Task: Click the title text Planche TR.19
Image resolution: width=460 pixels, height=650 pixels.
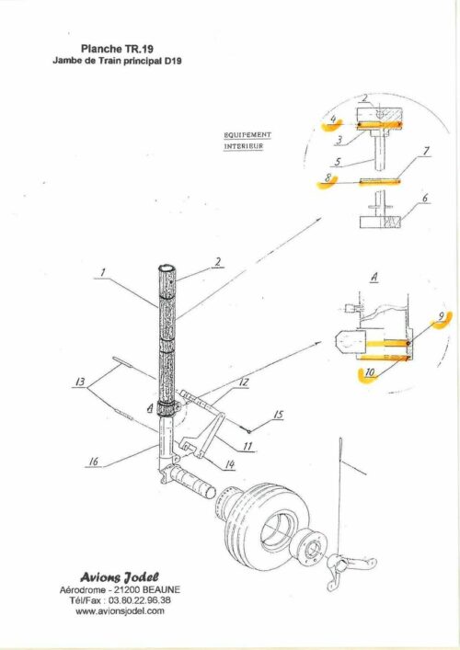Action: pyautogui.click(x=118, y=49)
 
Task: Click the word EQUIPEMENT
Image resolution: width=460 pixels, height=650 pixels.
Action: pyautogui.click(x=247, y=135)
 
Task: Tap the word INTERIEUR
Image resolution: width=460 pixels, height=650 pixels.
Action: pyautogui.click(x=244, y=146)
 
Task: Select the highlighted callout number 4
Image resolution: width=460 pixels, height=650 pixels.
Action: pyautogui.click(x=333, y=120)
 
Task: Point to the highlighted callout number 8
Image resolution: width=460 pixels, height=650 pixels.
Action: pyautogui.click(x=328, y=178)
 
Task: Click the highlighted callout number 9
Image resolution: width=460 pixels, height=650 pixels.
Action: pyautogui.click(x=442, y=316)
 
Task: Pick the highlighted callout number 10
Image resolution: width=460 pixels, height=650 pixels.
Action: pyautogui.click(x=370, y=372)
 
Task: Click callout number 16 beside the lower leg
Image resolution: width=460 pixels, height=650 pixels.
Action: pyautogui.click(x=94, y=462)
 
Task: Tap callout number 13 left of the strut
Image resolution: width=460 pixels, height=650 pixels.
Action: pyautogui.click(x=80, y=382)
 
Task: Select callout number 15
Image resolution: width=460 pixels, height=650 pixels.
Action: pyautogui.click(x=279, y=415)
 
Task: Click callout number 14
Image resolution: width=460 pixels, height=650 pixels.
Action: pyautogui.click(x=230, y=464)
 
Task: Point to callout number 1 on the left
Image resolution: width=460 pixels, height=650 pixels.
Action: pyautogui.click(x=103, y=272)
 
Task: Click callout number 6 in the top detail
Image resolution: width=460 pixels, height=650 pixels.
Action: pyautogui.click(x=425, y=199)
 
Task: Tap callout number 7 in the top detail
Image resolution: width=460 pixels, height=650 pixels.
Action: pyautogui.click(x=426, y=151)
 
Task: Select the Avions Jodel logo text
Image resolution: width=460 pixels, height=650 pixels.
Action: pyautogui.click(x=120, y=577)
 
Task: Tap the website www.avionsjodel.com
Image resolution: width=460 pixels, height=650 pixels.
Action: pyautogui.click(x=120, y=610)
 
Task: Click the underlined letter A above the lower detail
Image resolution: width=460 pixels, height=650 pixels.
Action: pyautogui.click(x=374, y=278)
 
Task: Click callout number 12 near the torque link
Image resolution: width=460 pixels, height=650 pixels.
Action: pyautogui.click(x=244, y=382)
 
